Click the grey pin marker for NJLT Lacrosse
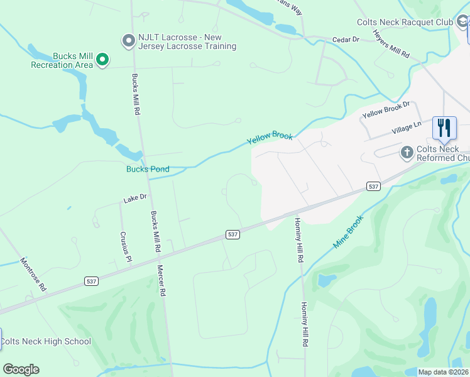129,41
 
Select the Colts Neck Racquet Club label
405,22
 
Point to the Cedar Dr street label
346,40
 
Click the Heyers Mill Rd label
391,44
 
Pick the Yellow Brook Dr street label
386,111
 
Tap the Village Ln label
407,127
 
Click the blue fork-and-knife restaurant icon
444,128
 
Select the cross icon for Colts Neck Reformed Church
407,152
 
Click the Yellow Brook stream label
270,138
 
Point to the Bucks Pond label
148,169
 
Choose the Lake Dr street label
134,198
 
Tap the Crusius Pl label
126,247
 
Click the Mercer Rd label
163,280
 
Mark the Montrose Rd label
33,274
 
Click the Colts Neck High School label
45,342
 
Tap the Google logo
21,369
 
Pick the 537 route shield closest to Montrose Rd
92,281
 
